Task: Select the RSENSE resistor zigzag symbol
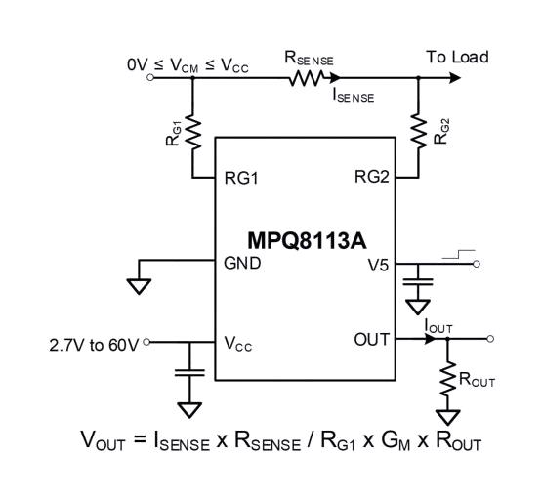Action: click(x=308, y=79)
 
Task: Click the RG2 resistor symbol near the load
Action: click(x=418, y=128)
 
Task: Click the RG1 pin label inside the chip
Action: click(x=240, y=180)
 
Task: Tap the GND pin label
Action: click(x=241, y=263)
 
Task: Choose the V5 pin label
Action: click(x=378, y=263)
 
